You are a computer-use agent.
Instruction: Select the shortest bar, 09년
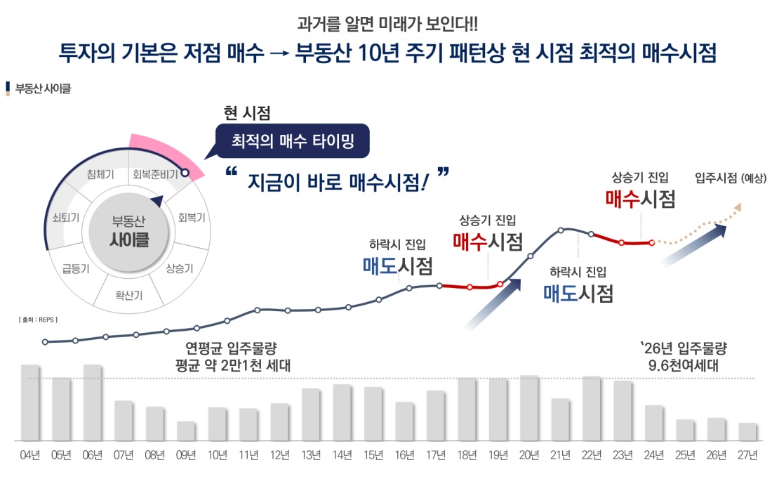186,431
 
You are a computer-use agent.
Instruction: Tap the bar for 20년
529,407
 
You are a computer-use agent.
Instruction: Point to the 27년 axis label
748,455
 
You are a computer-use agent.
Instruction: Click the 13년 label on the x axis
311,455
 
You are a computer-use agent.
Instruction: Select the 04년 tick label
29,455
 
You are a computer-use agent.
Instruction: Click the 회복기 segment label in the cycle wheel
192,217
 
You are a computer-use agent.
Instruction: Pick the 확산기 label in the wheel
129,295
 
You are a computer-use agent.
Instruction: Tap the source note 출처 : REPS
38,320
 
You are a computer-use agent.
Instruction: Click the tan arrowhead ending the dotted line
737,207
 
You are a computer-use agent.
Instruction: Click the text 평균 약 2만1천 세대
232,365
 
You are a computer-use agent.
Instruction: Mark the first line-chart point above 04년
45,342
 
